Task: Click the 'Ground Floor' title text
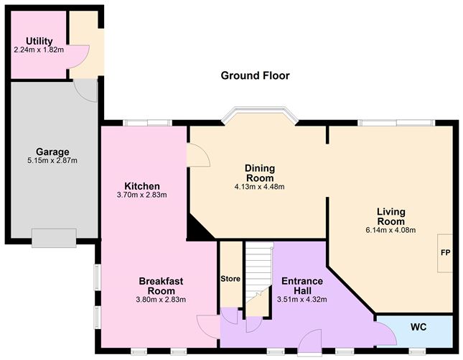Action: pyautogui.click(x=255, y=75)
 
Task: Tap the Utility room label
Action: pyautogui.click(x=38, y=41)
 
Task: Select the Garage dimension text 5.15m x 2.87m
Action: pyautogui.click(x=50, y=160)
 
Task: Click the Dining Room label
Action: pyautogui.click(x=260, y=173)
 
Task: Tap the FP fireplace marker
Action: pyautogui.click(x=445, y=254)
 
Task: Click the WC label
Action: pyautogui.click(x=418, y=327)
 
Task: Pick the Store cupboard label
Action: pyautogui.click(x=231, y=279)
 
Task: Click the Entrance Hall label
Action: pyautogui.click(x=301, y=285)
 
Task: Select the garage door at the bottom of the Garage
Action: pyautogui.click(x=53, y=238)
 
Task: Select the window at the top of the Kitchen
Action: pyautogui.click(x=146, y=122)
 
